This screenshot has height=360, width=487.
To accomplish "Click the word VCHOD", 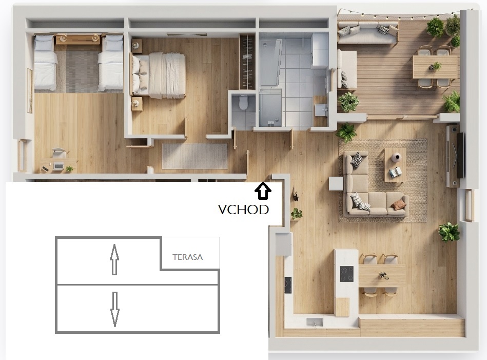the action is click(243, 210).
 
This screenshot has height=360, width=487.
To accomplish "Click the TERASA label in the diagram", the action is click(188, 257).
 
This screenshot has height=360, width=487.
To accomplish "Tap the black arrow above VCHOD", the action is click(263, 191).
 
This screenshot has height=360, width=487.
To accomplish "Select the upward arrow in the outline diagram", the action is click(114, 259).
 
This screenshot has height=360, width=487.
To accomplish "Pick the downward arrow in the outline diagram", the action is click(115, 309).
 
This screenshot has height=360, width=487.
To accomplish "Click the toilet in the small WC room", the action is click(243, 102).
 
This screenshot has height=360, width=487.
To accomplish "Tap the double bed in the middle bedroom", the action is click(159, 75).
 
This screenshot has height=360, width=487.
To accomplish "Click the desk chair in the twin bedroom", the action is click(60, 153).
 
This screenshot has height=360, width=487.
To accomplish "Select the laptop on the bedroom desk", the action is click(59, 166).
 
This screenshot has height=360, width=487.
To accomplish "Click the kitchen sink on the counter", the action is click(315, 323).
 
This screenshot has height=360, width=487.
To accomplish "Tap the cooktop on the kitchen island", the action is click(346, 274).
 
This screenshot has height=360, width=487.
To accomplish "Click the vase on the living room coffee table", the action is click(396, 157).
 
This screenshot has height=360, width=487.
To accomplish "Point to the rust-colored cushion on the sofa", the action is click(399, 204).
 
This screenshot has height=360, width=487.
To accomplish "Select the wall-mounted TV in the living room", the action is click(460, 155).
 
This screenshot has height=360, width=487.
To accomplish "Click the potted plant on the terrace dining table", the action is click(436, 66).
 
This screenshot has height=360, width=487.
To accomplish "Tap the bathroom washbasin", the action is click(321, 110).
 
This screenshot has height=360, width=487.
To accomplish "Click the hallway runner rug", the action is click(194, 156).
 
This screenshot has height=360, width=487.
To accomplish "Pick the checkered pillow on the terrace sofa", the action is click(383, 30).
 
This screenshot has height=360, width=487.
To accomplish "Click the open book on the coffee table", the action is click(396, 172).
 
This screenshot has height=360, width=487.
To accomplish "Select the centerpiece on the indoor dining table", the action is click(383, 275).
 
